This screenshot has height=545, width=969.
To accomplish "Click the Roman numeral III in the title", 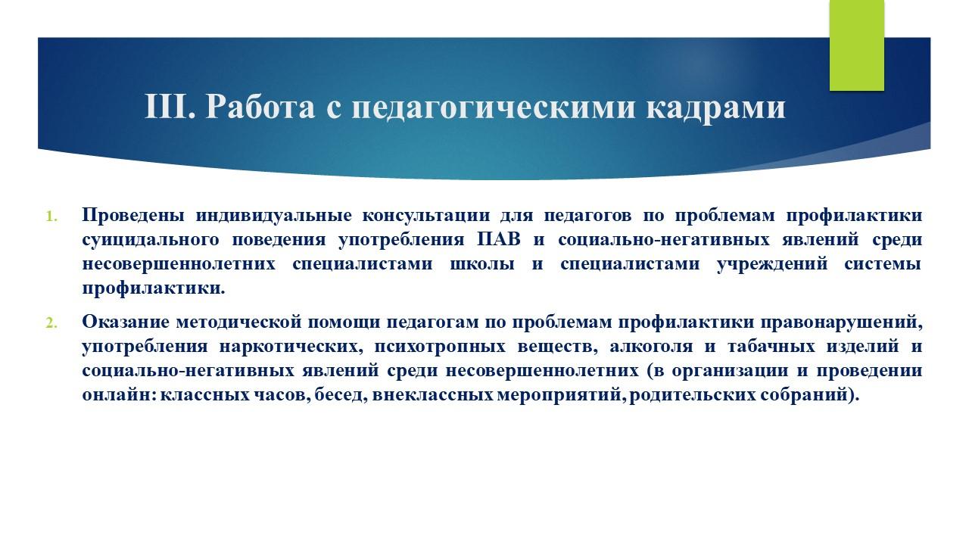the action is [x=169, y=107].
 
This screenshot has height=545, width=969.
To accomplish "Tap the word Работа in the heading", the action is [x=260, y=107].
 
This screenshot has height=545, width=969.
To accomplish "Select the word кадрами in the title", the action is [x=716, y=107].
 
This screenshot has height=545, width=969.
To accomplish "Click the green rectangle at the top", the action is [x=856, y=45].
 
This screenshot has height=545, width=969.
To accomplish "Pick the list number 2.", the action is [x=51, y=322].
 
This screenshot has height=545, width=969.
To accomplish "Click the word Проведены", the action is [x=133, y=216].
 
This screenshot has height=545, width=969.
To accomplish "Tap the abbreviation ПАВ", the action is [x=499, y=240].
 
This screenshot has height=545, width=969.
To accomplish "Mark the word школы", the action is [x=482, y=264].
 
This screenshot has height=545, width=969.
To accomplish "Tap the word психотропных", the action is [x=440, y=347].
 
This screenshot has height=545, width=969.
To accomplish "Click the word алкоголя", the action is [x=652, y=347].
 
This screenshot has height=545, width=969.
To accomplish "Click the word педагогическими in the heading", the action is [x=494, y=107].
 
